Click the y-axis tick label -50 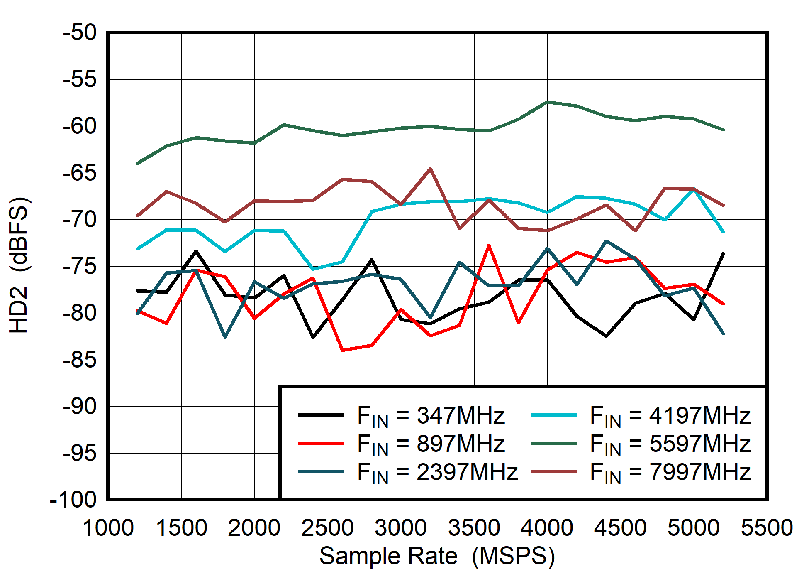click(80, 33)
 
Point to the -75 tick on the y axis click(80, 266)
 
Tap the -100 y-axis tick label click(73, 500)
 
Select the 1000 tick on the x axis click(108, 528)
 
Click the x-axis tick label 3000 click(401, 528)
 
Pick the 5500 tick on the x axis click(767, 528)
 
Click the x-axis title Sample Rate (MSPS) click(437, 556)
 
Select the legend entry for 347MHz click(431, 415)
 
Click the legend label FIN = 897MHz click(431, 444)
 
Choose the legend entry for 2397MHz click(437, 472)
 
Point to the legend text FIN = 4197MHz click(670, 415)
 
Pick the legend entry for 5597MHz click(670, 444)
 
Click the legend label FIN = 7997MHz click(670, 472)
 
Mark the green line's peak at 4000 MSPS click(548, 102)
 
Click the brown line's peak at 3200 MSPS click(430, 169)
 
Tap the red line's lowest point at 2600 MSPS click(342, 350)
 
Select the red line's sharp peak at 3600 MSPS click(489, 245)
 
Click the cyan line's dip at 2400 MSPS click(313, 269)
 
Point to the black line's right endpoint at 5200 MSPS click(723, 253)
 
